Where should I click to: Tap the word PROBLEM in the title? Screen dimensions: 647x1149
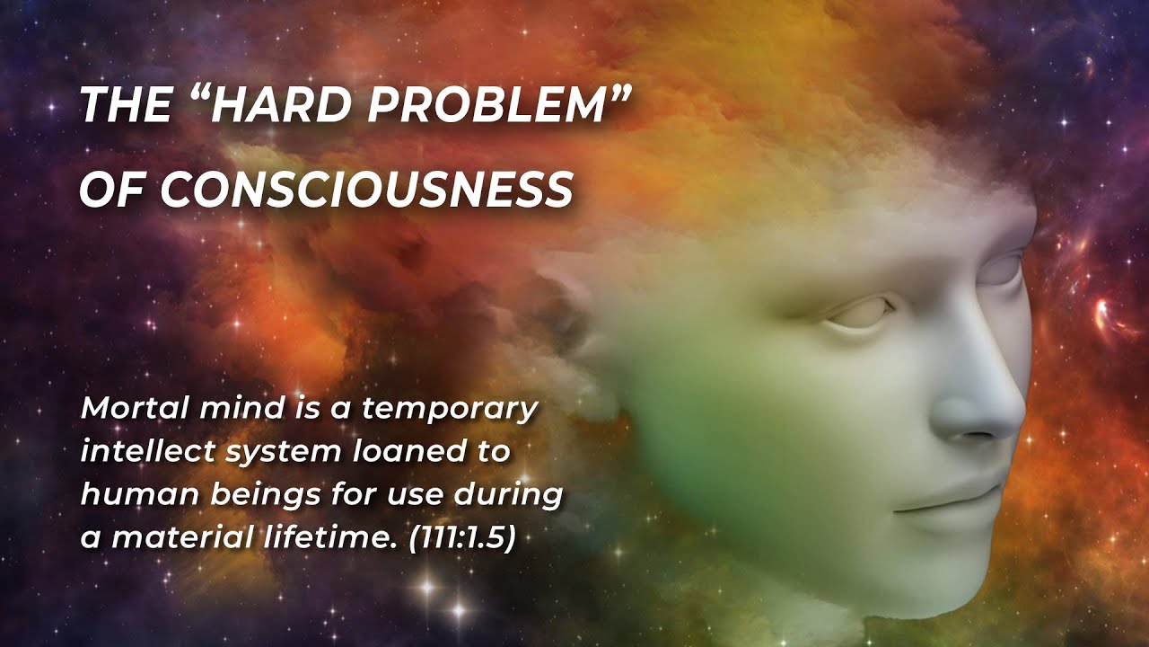[x=490, y=106]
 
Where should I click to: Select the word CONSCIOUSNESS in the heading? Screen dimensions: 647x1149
[x=367, y=190]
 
